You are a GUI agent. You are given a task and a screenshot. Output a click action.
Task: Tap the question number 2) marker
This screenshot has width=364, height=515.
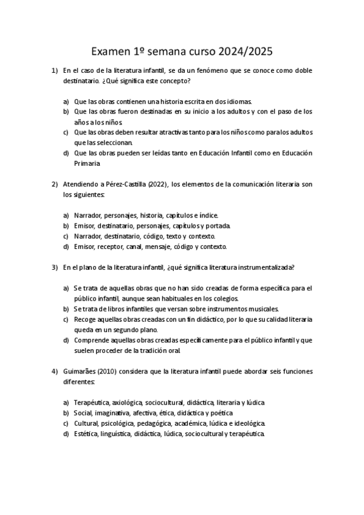click(x=55, y=184)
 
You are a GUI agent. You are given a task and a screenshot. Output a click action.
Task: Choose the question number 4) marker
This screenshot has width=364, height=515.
click(x=55, y=370)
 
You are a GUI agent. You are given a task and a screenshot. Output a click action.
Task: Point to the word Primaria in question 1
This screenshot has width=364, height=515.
click(x=86, y=163)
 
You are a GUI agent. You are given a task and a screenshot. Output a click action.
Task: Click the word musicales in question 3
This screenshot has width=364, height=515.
click(x=262, y=309)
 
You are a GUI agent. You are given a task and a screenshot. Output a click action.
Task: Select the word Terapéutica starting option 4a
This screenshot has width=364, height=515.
click(x=91, y=402)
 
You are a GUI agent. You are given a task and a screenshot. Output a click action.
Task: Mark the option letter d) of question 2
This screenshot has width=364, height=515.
click(x=66, y=247)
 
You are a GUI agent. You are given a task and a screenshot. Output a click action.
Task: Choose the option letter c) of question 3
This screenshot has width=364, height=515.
click(x=66, y=319)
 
